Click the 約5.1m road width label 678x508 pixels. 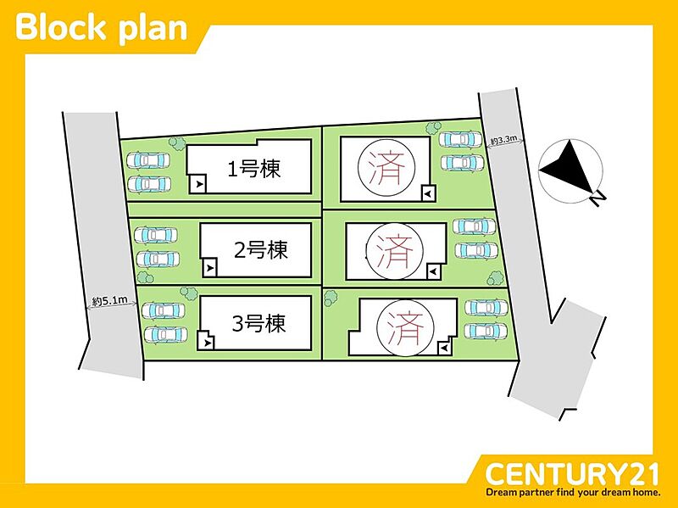pos(110,300)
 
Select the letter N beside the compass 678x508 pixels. pos(598,198)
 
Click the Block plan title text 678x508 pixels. pos(101,27)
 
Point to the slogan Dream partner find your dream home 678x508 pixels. pos(572,492)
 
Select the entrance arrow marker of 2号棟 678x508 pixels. pos(209,267)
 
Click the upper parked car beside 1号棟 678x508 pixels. pos(147,159)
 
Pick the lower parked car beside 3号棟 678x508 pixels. pos(164,335)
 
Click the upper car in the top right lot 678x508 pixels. pos(458,140)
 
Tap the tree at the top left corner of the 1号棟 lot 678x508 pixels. pos(175,142)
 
